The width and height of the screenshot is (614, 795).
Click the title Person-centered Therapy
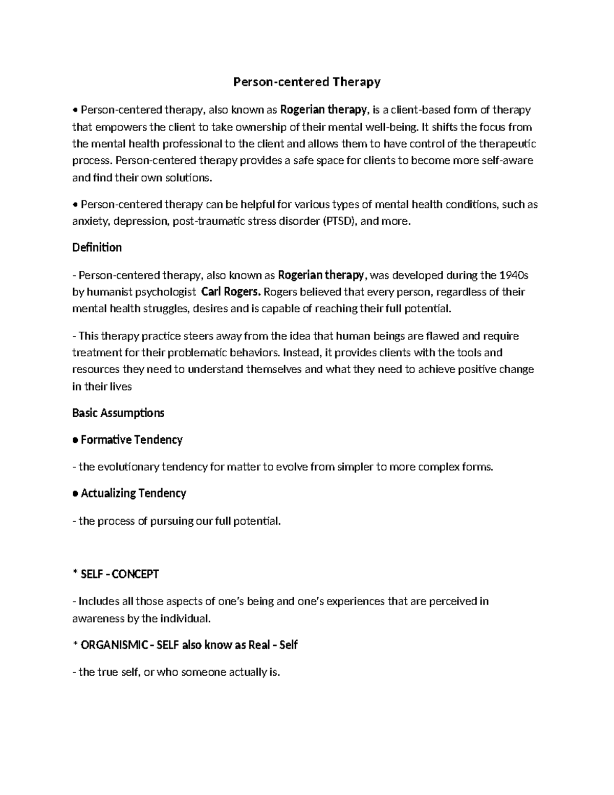[307, 82]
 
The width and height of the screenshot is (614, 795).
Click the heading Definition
[97, 248]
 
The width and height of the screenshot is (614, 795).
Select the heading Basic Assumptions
[118, 413]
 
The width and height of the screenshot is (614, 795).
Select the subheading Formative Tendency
[131, 440]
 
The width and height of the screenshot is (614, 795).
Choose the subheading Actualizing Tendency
[134, 493]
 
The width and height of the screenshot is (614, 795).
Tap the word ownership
[258, 127]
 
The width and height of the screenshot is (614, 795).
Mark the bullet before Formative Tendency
[75, 440]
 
